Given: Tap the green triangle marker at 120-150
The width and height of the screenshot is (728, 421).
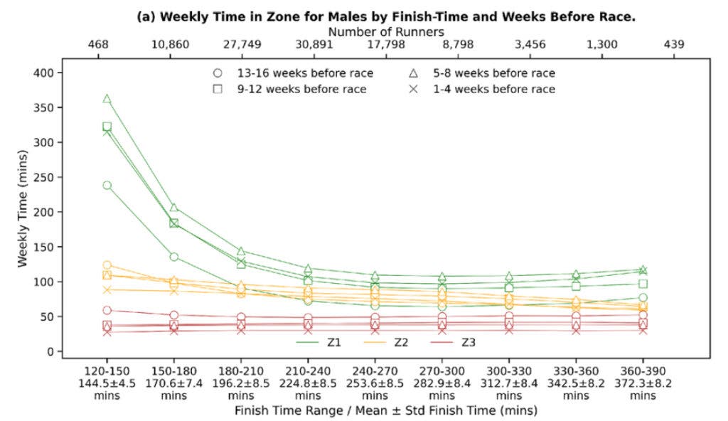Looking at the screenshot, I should click(107, 98).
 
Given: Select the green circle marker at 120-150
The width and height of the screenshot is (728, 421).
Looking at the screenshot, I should click(107, 185).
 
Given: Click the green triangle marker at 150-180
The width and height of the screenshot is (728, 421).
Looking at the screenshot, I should click(173, 208).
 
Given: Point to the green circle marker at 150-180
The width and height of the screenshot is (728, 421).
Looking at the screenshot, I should click(173, 257).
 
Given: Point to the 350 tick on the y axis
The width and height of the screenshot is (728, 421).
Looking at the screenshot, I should click(45, 107).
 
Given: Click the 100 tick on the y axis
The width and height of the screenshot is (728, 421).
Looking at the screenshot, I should click(45, 282).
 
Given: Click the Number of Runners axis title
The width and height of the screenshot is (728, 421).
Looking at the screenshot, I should click(386, 31).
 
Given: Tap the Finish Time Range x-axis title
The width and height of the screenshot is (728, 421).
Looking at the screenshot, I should click(386, 410).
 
